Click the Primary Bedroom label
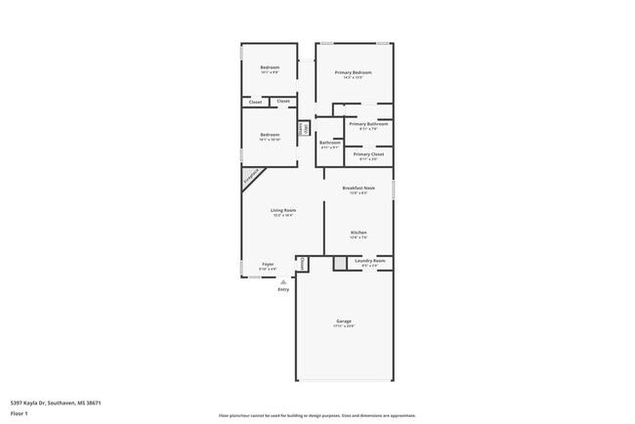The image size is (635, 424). (x=353, y=72)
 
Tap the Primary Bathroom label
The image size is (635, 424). (x=368, y=124)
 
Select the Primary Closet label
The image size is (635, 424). (x=368, y=154)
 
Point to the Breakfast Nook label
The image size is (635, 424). (x=358, y=188)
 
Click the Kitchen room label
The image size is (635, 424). (x=358, y=233)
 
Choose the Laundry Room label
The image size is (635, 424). (x=369, y=261)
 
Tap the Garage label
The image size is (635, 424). (x=344, y=321)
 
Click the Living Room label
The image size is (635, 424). (x=283, y=210)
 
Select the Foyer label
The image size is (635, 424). (x=267, y=264)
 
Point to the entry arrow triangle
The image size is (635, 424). (x=283, y=281)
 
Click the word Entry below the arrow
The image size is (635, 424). (x=283, y=289)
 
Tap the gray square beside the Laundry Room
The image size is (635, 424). (x=339, y=263)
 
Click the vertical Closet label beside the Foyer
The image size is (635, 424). (x=302, y=263)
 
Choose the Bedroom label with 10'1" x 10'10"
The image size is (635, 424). (x=270, y=135)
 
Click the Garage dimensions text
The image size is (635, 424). (x=344, y=326)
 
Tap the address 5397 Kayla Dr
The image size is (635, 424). (x=56, y=402)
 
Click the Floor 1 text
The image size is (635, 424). (x=20, y=413)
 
